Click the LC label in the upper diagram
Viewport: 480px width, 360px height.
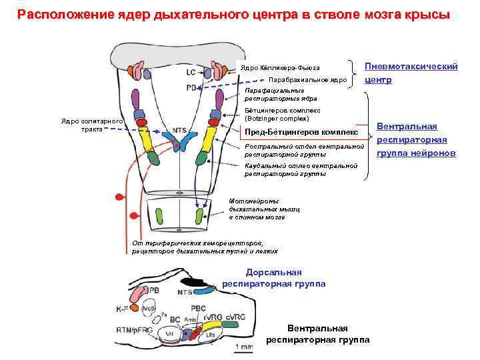coord(191,71)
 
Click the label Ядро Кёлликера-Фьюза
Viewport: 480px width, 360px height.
coord(281,68)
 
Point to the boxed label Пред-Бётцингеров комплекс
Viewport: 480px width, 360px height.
coord(302,132)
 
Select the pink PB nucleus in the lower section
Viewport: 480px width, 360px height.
coord(139,294)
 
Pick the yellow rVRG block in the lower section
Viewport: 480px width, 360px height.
coord(211,327)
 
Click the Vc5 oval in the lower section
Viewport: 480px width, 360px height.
coord(149,310)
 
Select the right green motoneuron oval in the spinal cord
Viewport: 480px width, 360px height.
coord(200,216)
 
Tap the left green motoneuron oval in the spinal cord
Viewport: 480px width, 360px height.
coord(160,216)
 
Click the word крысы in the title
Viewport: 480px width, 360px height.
coord(426,15)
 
